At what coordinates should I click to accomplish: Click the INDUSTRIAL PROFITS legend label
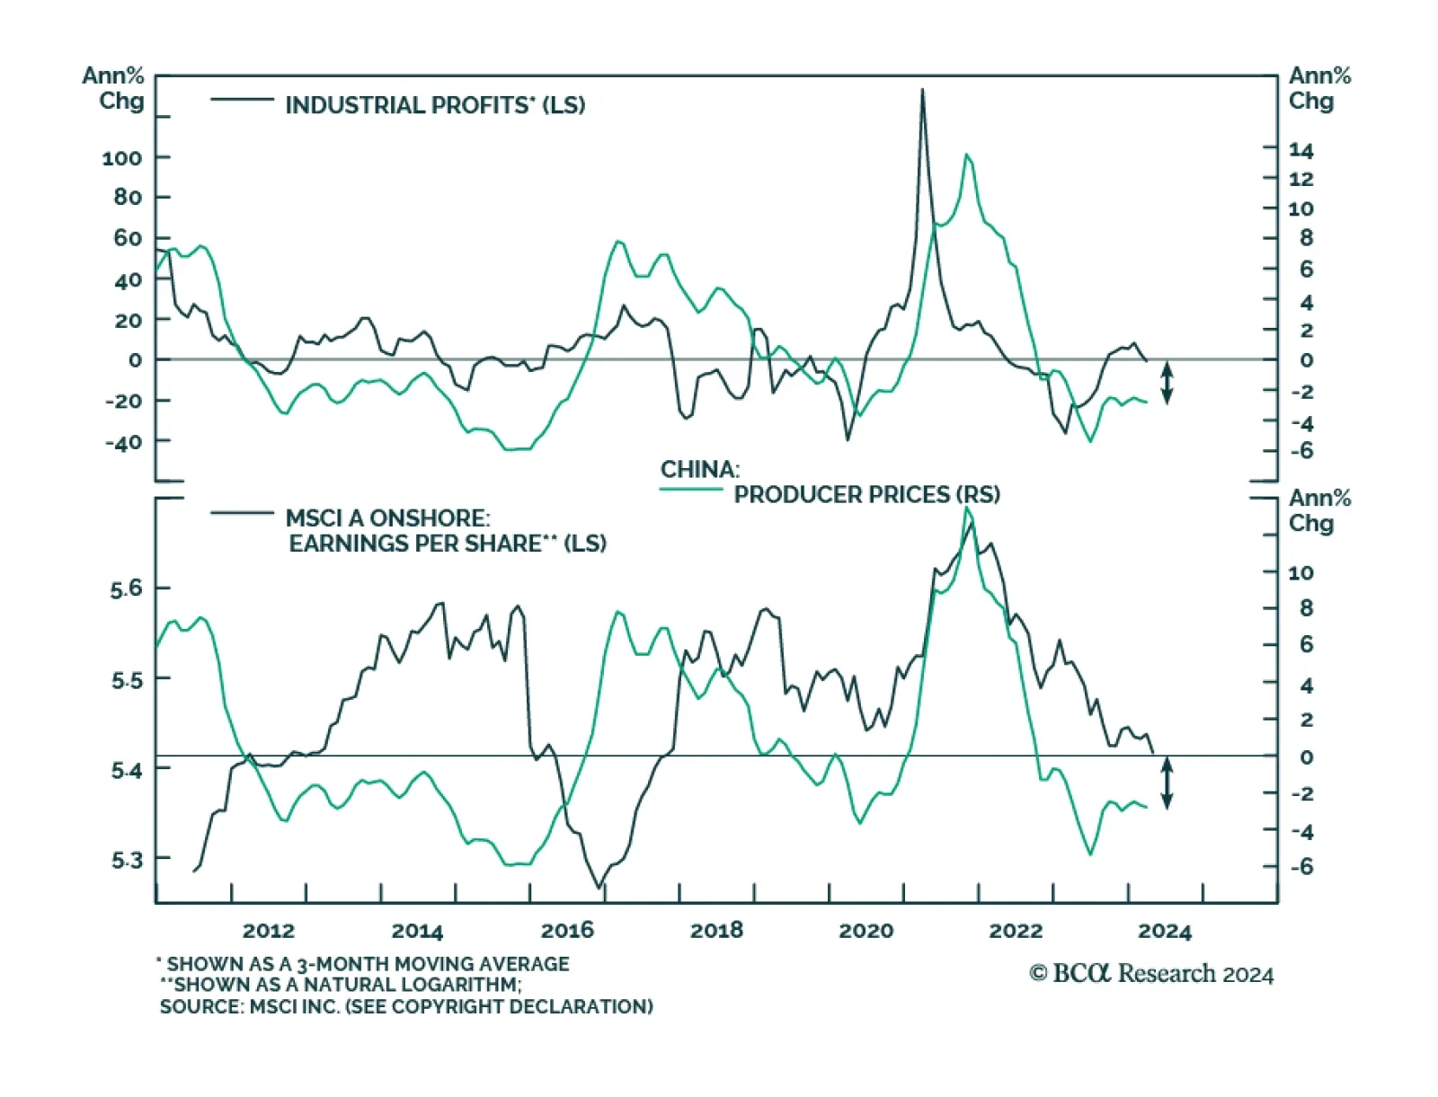pyautogui.click(x=435, y=105)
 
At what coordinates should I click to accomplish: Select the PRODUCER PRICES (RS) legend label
pyautogui.click(x=866, y=494)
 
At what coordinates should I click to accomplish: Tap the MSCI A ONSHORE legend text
pyautogui.click(x=387, y=518)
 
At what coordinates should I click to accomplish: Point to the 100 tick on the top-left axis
pyautogui.click(x=122, y=158)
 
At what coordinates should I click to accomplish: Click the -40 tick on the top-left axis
pyautogui.click(x=123, y=442)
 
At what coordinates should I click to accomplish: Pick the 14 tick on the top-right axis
pyautogui.click(x=1300, y=150)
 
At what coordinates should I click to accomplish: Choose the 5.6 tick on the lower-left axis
pyautogui.click(x=127, y=588)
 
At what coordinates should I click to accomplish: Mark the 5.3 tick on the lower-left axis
pyautogui.click(x=127, y=860)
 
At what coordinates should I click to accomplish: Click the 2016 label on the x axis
pyautogui.click(x=567, y=930)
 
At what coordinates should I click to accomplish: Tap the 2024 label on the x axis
pyautogui.click(x=1165, y=931)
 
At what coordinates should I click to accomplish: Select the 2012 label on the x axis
pyautogui.click(x=269, y=930)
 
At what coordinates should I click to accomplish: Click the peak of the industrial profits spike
pyautogui.click(x=922, y=90)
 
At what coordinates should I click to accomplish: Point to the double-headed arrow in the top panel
pyautogui.click(x=1167, y=382)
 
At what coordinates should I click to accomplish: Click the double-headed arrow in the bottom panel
pyautogui.click(x=1167, y=783)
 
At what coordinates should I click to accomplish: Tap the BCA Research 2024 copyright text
pyautogui.click(x=1151, y=974)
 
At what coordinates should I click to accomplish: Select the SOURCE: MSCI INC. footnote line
pyautogui.click(x=406, y=1006)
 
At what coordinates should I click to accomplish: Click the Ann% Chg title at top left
pyautogui.click(x=114, y=88)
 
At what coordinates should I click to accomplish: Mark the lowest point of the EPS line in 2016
pyautogui.click(x=599, y=888)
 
